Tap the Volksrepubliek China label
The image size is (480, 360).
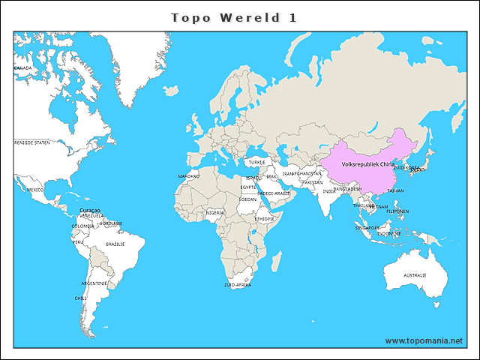pos(367,163)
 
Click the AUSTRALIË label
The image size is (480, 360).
pos(415,275)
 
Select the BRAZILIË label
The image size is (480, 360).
pos(115,244)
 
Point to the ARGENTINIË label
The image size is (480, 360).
pos(94,283)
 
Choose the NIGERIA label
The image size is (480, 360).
pos(215,212)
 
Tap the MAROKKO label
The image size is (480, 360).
pos(188,176)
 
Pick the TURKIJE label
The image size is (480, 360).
pos(257,161)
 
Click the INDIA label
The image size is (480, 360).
pos(329,191)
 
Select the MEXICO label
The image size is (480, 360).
pos(35,190)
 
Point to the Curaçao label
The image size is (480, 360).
pos(90,210)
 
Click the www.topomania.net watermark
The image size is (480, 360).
pos(424,340)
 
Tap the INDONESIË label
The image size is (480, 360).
pos(389,233)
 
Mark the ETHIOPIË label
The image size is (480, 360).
pos(264,219)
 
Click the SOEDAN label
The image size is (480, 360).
pos(247,199)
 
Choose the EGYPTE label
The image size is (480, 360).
pos(248,187)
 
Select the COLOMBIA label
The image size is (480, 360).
pos(82,226)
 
